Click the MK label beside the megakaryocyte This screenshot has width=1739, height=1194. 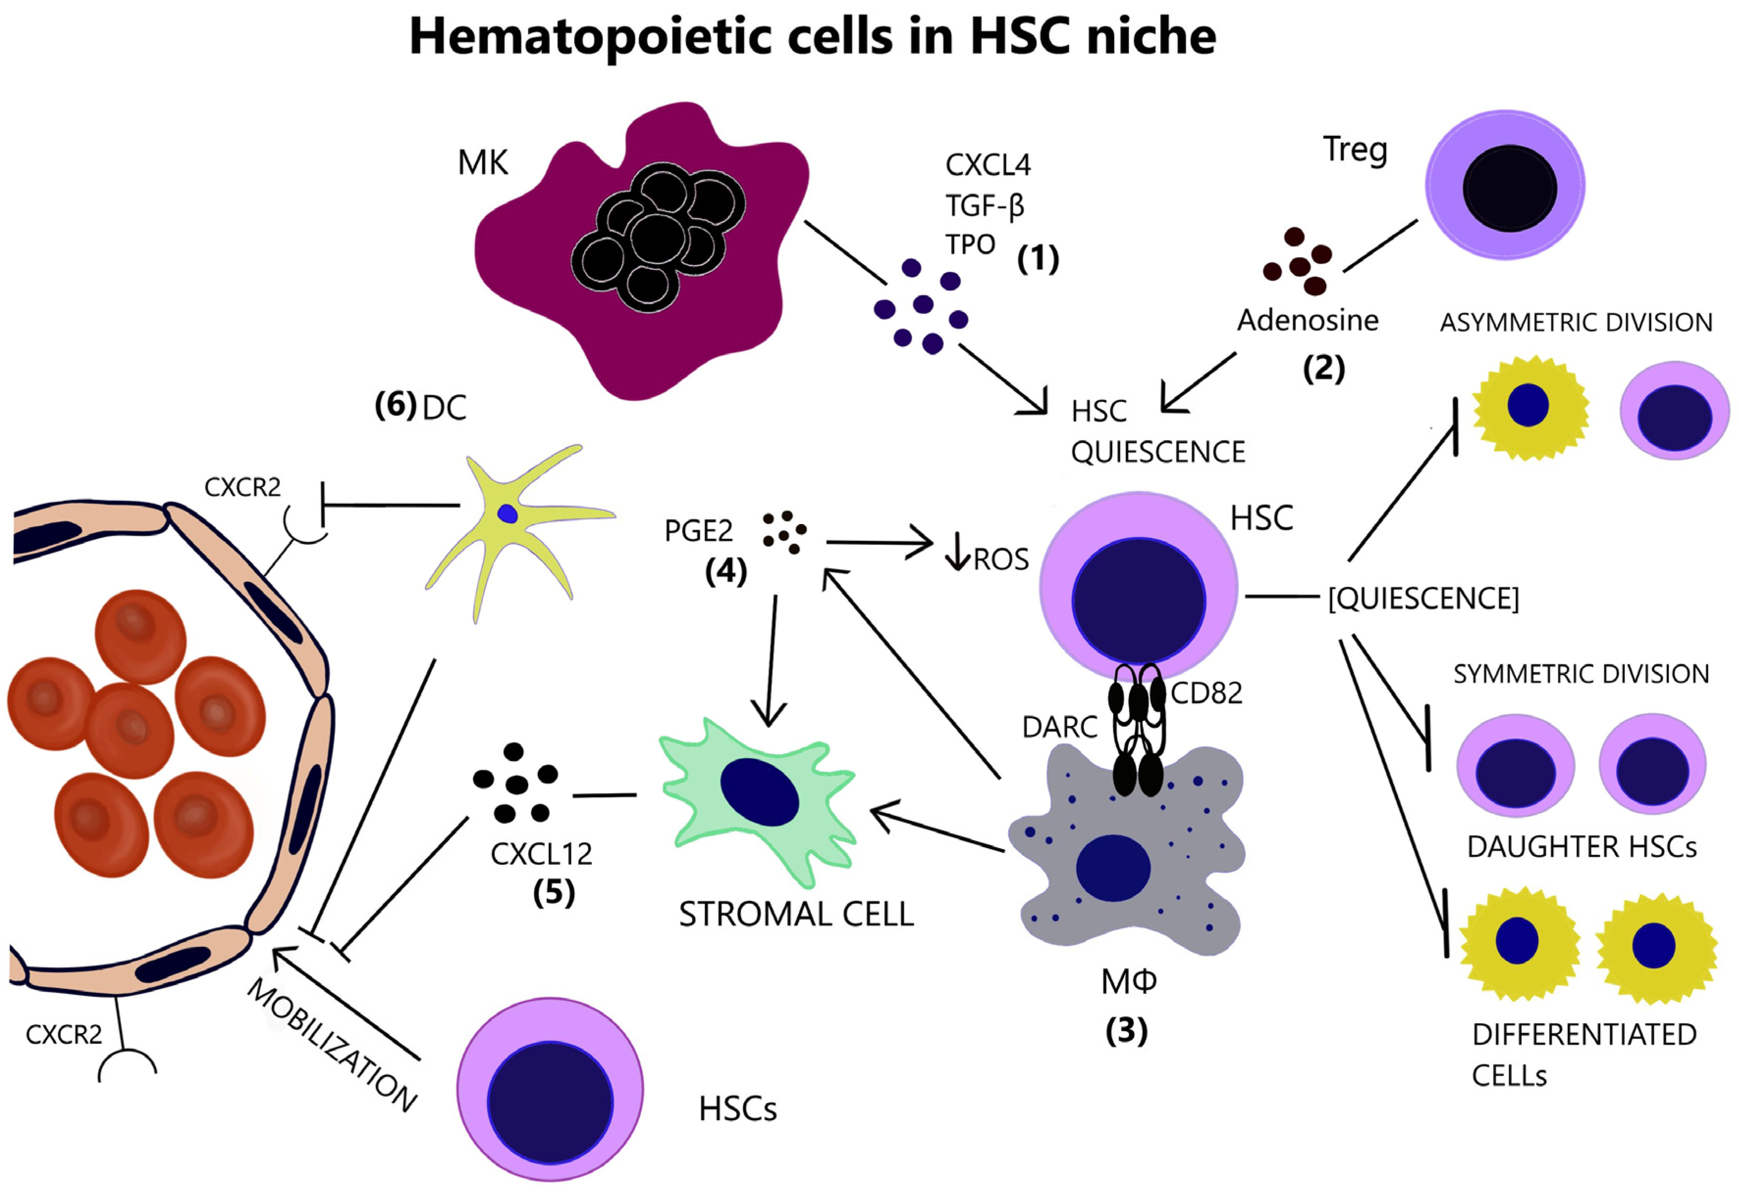[x=483, y=162]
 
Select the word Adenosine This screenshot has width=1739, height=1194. [x=1307, y=320]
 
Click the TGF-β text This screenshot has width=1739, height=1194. [x=984, y=205]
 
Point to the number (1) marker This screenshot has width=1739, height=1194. [x=1038, y=259]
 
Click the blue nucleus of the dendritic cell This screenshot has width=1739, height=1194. [x=508, y=513]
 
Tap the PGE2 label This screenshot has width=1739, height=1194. [x=698, y=531]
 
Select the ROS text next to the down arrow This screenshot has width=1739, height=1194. [x=1001, y=559]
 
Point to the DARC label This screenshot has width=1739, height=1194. [x=1060, y=727]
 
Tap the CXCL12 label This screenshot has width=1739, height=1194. [x=541, y=854]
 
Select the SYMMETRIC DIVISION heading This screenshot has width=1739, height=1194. [x=1581, y=674]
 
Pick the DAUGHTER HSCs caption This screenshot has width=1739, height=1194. [x=1581, y=847]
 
